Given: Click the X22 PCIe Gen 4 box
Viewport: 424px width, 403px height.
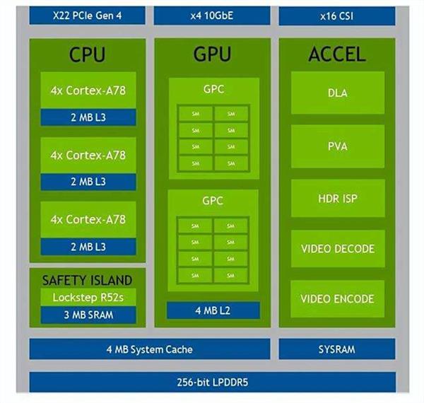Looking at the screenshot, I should click(x=87, y=15).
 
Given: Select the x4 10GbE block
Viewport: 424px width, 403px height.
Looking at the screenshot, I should click(x=212, y=15).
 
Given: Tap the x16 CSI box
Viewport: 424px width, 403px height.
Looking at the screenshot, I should click(x=337, y=15).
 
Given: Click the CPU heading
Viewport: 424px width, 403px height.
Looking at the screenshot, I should click(x=88, y=54).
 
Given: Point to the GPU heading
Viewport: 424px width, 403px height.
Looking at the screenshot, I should click(x=212, y=54).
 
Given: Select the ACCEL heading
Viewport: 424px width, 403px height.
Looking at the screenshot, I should click(x=337, y=54).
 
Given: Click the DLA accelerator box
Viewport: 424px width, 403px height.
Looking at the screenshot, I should click(x=337, y=93).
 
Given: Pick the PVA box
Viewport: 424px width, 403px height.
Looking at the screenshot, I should click(x=337, y=146).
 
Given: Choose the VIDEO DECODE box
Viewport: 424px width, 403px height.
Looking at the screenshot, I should click(x=337, y=249).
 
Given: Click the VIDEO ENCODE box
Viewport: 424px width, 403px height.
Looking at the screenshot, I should click(x=337, y=298).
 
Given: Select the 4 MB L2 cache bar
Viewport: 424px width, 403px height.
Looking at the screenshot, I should click(x=213, y=310).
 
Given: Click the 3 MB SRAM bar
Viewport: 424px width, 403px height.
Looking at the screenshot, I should click(x=88, y=315).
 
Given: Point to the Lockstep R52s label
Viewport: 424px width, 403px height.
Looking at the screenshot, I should click(x=88, y=297).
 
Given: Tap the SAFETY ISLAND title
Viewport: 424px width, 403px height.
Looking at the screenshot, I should click(x=88, y=280).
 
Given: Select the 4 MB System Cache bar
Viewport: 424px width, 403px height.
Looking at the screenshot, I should click(x=149, y=349).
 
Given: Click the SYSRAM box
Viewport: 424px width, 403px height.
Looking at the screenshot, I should click(x=337, y=349).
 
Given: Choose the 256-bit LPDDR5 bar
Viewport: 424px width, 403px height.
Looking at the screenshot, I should click(x=212, y=383).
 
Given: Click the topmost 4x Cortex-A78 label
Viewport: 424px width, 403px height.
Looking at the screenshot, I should click(x=88, y=90).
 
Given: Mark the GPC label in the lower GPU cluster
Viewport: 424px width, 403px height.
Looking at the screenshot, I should click(x=213, y=201).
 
